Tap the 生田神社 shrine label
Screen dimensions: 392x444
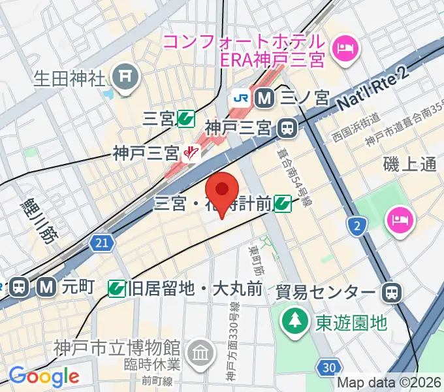point(69,80)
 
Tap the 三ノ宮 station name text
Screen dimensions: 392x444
point(304,98)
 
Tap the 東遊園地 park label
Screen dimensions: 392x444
point(352,321)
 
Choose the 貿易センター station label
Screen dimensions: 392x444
point(326,291)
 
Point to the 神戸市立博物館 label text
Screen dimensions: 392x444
point(118,346)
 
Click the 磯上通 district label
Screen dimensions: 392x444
point(410,165)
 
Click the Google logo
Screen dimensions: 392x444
point(44,375)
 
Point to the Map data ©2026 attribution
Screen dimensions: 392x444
point(389,384)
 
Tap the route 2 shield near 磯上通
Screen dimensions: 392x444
point(357,226)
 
